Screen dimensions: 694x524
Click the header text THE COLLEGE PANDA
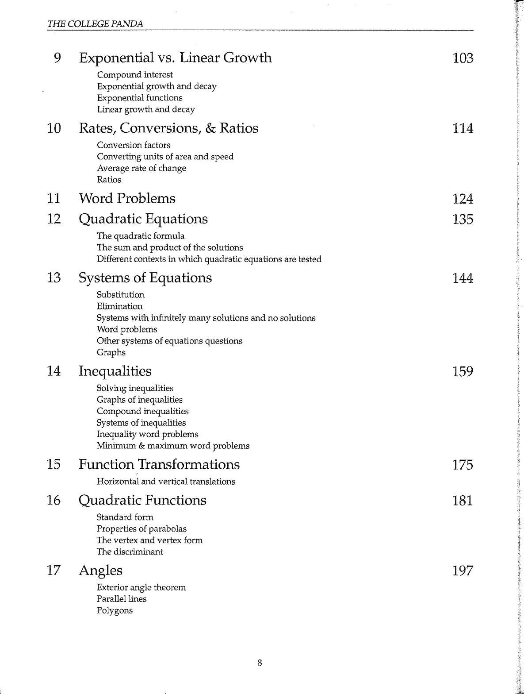(x=95, y=24)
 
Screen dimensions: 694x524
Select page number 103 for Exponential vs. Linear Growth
(x=463, y=58)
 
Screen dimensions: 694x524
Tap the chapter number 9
(x=57, y=58)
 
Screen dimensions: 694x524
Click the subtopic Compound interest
(x=135, y=75)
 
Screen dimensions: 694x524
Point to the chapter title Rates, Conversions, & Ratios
(x=168, y=128)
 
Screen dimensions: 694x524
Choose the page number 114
(x=463, y=129)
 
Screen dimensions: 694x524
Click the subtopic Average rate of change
(x=142, y=168)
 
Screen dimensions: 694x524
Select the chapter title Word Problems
(x=127, y=198)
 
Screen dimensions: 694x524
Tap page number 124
(x=463, y=199)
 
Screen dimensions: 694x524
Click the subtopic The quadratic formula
(x=141, y=236)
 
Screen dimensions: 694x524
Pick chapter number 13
(x=54, y=278)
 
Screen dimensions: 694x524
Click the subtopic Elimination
(x=120, y=306)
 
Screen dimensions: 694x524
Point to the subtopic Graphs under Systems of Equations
(x=111, y=352)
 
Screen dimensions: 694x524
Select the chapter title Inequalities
(x=115, y=371)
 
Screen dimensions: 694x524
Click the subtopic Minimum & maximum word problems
(x=173, y=446)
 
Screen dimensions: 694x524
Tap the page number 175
(x=463, y=465)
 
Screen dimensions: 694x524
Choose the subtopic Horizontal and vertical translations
(x=166, y=482)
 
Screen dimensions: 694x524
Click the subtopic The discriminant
(x=130, y=551)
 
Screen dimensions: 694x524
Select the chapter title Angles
(x=100, y=571)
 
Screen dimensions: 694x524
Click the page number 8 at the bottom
(x=260, y=663)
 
